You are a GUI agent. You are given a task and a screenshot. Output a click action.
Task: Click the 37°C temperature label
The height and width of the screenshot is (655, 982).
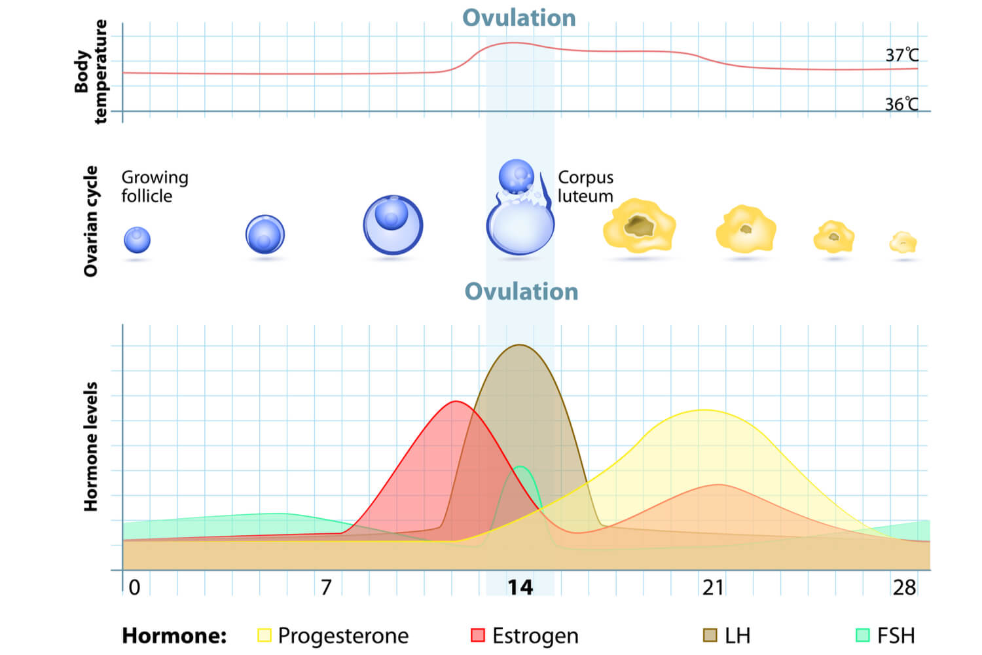click(x=901, y=56)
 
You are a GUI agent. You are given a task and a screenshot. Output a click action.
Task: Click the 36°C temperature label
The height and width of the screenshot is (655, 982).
click(x=901, y=105)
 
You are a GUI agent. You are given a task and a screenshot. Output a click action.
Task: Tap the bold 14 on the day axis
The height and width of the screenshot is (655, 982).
click(x=520, y=588)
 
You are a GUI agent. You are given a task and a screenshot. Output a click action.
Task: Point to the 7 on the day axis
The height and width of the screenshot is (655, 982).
click(x=326, y=588)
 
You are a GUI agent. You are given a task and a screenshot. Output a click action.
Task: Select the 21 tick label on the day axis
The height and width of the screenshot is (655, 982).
click(x=713, y=588)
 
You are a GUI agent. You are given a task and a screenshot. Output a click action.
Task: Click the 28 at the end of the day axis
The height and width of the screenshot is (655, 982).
click(x=904, y=588)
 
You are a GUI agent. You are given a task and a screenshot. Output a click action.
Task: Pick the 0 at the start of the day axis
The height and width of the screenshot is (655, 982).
click(x=134, y=588)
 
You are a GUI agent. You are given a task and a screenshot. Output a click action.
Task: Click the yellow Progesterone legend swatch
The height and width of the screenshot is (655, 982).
click(x=264, y=635)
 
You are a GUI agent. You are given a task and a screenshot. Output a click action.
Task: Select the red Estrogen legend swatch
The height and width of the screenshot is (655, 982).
click(x=478, y=635)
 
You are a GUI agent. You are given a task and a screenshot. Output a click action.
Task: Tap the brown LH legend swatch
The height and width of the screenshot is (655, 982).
click(x=710, y=635)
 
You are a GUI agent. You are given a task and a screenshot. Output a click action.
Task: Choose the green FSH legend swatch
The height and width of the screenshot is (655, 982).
click(x=863, y=635)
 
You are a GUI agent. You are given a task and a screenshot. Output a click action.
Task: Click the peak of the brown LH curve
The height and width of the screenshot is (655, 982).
click(x=519, y=345)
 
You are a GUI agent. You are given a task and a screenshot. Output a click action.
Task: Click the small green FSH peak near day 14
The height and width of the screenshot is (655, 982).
click(x=520, y=467)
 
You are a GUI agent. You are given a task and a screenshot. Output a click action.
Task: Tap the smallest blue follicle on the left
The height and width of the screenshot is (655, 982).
click(x=137, y=240)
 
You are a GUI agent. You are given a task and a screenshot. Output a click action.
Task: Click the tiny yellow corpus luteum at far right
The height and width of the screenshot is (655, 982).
click(x=903, y=243)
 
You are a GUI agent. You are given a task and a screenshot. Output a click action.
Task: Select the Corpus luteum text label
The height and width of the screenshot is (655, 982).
click(x=585, y=187)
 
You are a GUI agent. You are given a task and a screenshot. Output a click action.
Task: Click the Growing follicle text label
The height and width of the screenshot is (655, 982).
click(x=155, y=187)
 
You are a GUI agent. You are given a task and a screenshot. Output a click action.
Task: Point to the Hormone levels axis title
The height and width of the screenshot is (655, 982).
click(x=90, y=447)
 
